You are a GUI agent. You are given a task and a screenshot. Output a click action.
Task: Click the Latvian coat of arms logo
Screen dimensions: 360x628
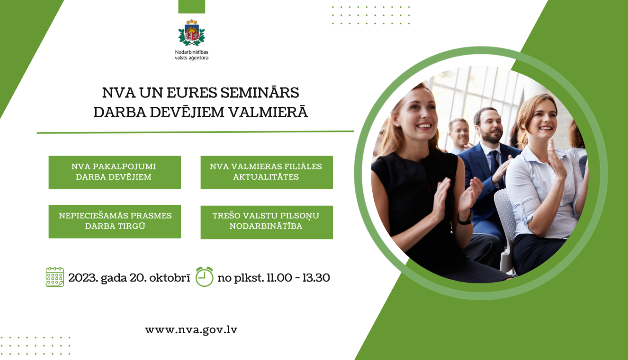tap(191, 33)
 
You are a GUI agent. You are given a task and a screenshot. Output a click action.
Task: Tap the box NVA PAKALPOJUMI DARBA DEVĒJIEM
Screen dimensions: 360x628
tap(114, 172)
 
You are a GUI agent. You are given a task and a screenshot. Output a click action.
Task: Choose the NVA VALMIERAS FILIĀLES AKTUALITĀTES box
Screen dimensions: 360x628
tap(266, 172)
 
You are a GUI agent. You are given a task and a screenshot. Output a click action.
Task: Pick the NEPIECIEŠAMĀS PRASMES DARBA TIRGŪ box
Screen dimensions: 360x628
tap(114, 221)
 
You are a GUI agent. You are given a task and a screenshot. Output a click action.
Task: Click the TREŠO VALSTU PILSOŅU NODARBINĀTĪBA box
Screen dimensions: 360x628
tap(266, 222)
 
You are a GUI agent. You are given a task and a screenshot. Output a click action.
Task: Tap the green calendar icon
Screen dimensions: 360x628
tap(54, 277)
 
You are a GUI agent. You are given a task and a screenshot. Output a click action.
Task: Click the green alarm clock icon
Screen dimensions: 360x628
tap(204, 277)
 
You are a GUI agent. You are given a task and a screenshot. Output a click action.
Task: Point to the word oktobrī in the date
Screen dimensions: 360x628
tap(170, 278)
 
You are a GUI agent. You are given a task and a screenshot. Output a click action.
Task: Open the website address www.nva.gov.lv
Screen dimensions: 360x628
tap(191, 330)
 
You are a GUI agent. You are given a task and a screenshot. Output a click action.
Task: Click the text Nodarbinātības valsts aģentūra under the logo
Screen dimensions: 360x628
tap(191, 55)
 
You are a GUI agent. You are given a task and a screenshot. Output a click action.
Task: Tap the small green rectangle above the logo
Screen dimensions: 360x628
tap(191, 6)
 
